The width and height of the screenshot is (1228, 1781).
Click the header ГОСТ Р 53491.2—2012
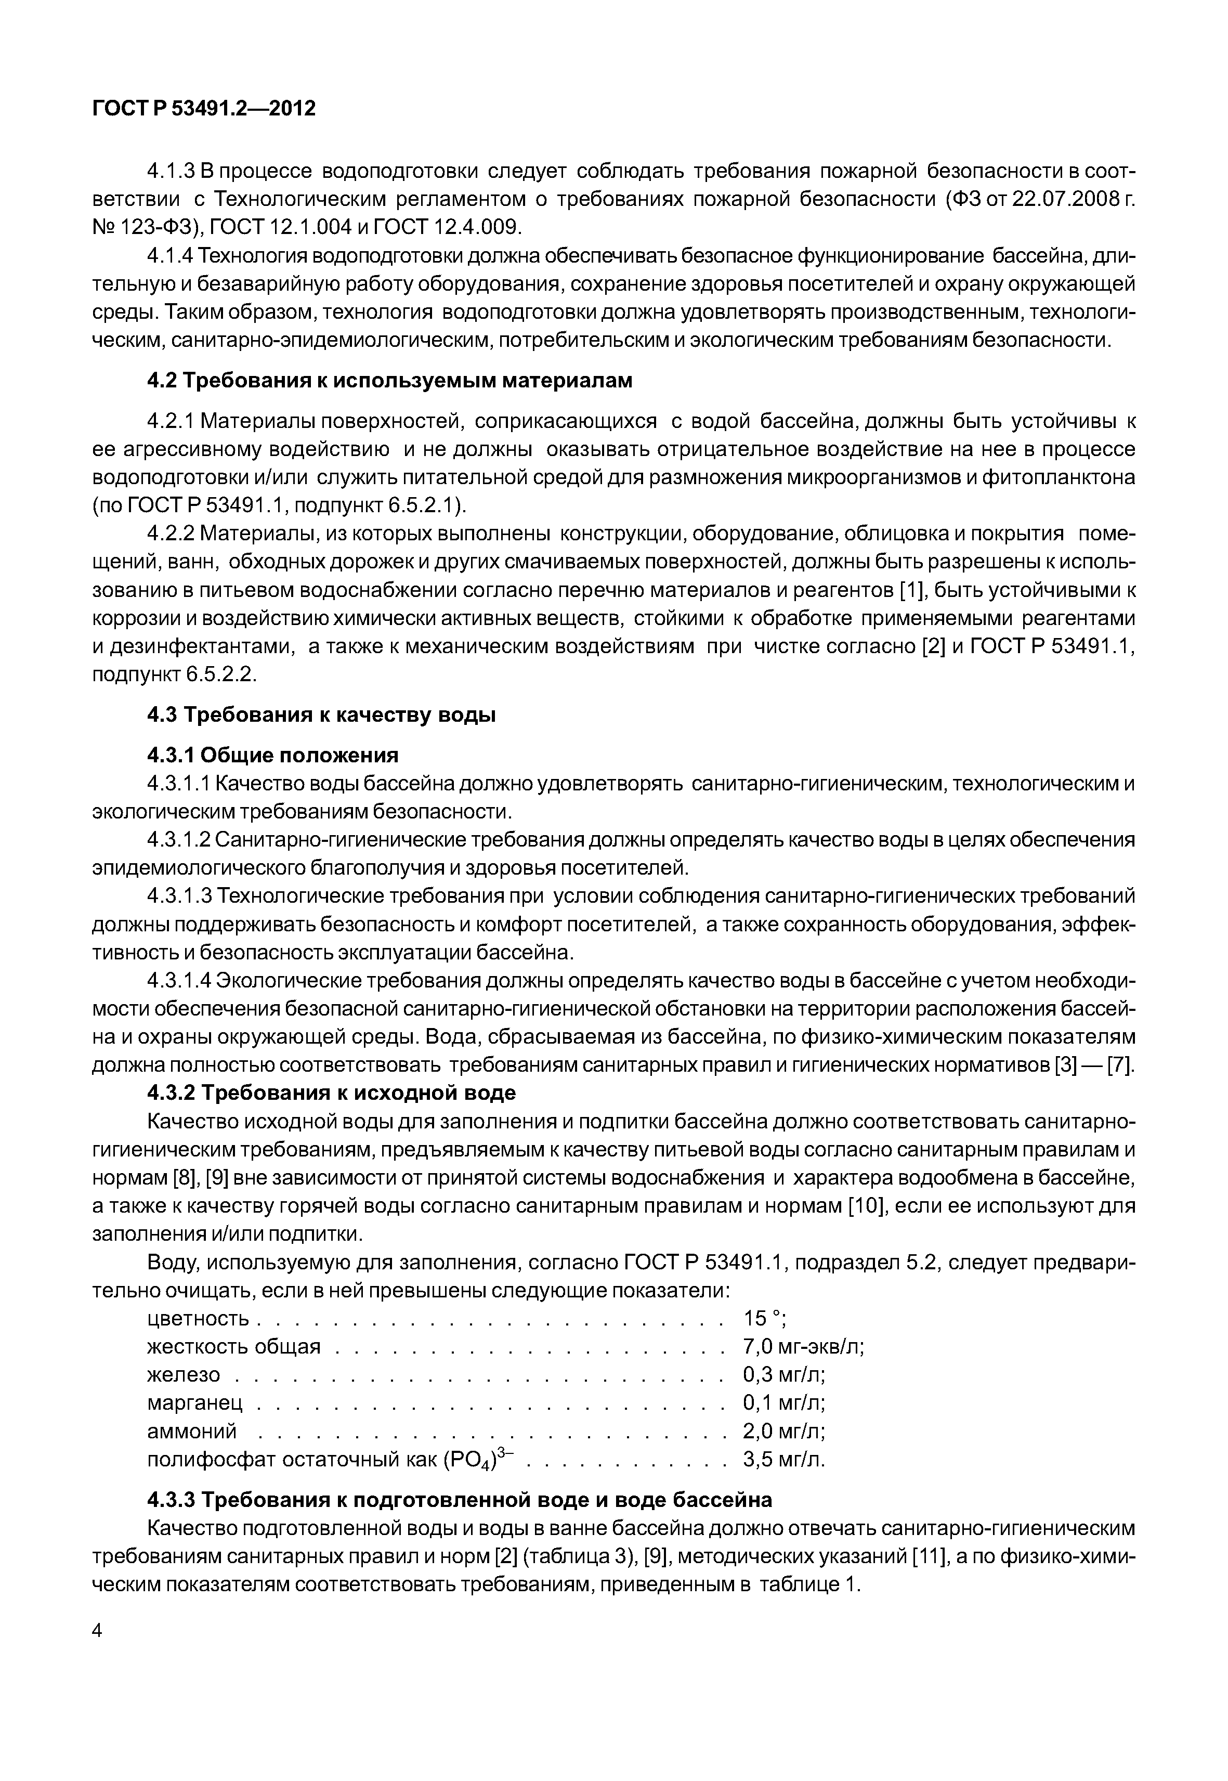point(204,109)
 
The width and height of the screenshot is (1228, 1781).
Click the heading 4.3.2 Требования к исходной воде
point(331,1093)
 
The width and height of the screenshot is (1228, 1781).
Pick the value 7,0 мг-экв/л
point(803,1347)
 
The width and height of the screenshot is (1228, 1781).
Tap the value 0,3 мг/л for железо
point(783,1374)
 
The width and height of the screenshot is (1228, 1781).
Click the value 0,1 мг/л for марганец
point(783,1403)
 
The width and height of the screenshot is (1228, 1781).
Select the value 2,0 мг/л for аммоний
point(783,1432)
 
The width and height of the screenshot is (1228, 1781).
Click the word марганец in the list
point(194,1403)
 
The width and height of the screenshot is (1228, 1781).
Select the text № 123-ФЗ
point(143,227)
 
